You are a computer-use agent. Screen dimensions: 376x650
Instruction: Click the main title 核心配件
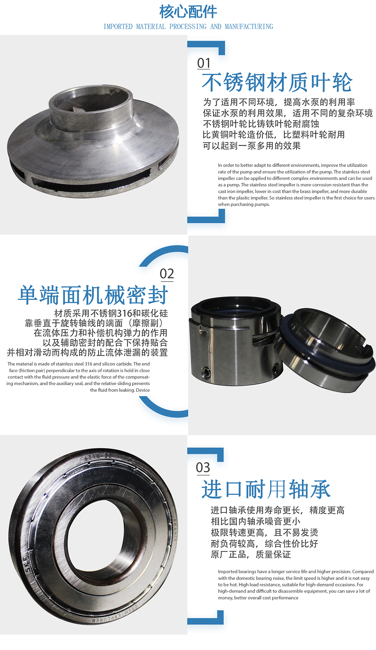188,12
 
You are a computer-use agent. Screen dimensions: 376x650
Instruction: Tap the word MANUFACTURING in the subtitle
249,27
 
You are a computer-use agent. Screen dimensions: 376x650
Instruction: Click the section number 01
204,63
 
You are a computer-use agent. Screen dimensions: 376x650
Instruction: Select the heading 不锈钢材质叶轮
277,82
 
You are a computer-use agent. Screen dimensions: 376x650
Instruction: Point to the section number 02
167,274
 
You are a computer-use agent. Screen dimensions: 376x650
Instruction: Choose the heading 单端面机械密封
93,295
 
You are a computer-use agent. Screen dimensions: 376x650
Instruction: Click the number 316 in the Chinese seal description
124,313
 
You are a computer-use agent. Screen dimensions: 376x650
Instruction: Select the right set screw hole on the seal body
275,368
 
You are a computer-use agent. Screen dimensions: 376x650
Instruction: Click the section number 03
203,468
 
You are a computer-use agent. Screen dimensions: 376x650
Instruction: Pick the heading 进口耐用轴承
266,489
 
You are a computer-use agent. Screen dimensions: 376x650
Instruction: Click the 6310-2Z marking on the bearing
98,457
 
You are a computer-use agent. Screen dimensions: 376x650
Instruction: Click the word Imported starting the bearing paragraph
227,571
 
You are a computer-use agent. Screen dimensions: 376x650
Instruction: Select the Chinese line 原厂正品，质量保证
251,554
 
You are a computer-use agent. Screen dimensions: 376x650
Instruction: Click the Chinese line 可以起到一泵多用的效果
252,146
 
